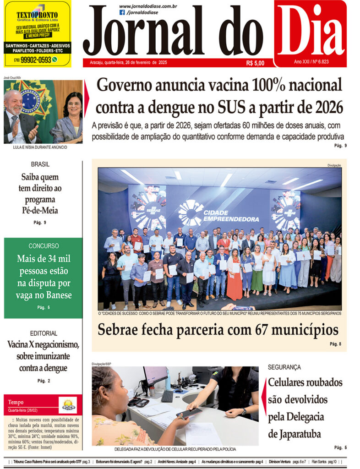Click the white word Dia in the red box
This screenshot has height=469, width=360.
(x=311, y=29)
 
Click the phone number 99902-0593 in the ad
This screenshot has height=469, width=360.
(x=32, y=60)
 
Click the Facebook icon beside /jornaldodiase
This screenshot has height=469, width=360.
(x=122, y=12)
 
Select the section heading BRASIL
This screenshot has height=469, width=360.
(x=40, y=164)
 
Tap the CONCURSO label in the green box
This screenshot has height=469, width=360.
(x=44, y=246)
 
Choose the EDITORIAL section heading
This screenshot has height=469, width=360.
(x=44, y=333)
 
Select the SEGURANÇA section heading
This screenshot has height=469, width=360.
(x=284, y=367)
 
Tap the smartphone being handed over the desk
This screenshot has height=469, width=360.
(x=189, y=413)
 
